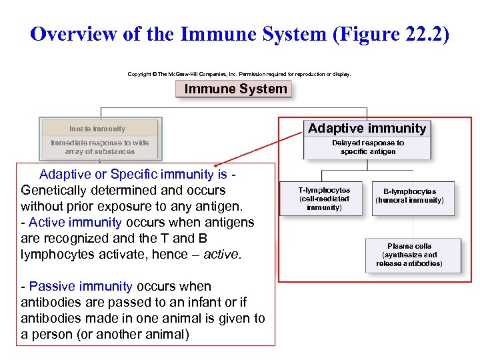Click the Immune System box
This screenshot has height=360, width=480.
(235, 89)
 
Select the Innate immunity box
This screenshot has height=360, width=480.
(99, 129)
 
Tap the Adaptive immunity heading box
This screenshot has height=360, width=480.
(367, 129)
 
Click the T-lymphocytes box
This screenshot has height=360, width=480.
(324, 199)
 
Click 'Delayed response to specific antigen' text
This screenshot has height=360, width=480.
(367, 147)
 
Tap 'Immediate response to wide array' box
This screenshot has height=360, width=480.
(99, 147)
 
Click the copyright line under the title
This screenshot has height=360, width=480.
(239, 74)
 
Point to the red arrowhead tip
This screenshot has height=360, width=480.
(216, 163)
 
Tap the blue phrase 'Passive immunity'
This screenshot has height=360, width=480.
(81, 287)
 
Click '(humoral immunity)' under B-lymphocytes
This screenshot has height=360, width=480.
(409, 200)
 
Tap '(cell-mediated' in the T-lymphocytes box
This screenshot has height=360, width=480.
(324, 199)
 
